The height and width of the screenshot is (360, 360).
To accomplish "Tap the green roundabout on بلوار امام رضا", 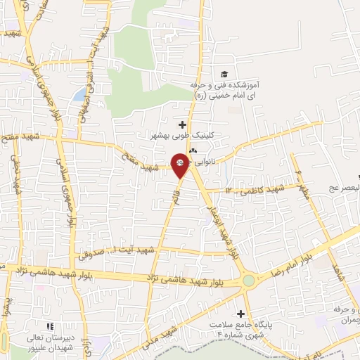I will pyautogui.click(x=248, y=281).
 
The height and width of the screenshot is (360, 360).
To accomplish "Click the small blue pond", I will pyautogui.click(x=80, y=94).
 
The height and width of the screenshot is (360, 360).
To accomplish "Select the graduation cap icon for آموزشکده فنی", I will pyautogui.click(x=224, y=75).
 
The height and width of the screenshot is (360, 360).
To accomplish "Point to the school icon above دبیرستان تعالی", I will pyautogui.click(x=49, y=327).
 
